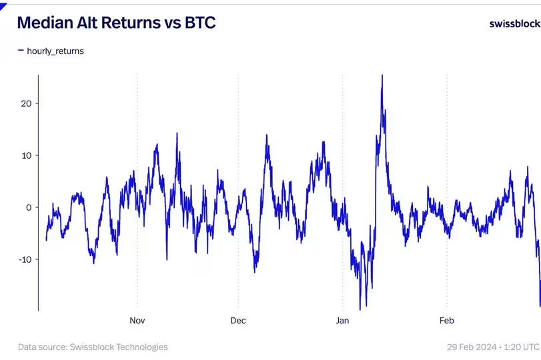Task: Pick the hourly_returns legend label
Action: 55,51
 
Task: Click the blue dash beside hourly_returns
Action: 21,50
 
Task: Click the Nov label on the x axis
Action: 137,321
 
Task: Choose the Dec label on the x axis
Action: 238,321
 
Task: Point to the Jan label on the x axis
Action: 342,321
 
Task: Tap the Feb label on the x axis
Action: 446,321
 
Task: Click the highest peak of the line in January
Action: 382,75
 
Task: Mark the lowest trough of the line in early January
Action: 360,309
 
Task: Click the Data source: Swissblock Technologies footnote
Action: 93,347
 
